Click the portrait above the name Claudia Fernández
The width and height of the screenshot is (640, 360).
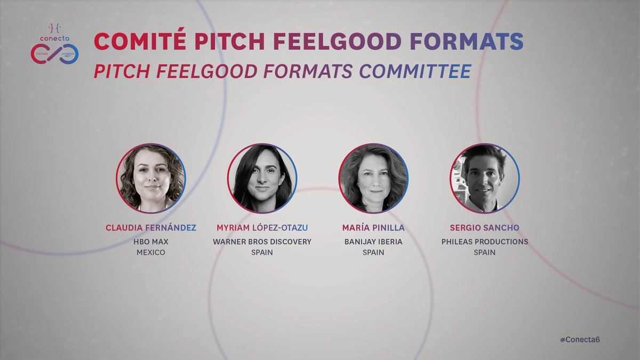[151, 178]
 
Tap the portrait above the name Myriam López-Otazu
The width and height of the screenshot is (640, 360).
[262, 178]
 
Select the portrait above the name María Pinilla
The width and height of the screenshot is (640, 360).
[373, 178]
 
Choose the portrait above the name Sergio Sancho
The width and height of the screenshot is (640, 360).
[485, 178]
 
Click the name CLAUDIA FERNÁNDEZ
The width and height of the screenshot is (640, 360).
[151, 228]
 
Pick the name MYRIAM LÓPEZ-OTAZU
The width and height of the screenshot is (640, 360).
[262, 228]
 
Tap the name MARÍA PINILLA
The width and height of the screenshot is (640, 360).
[373, 228]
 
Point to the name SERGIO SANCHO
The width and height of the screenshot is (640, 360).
[485, 228]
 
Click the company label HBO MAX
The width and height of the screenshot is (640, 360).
[151, 242]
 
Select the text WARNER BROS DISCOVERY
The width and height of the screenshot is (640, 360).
[262, 242]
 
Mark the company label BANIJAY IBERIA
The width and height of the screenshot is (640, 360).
[373, 242]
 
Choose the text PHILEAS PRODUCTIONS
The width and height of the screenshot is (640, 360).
[485, 242]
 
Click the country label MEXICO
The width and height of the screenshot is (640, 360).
[151, 252]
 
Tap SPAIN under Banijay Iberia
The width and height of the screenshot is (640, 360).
[373, 252]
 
